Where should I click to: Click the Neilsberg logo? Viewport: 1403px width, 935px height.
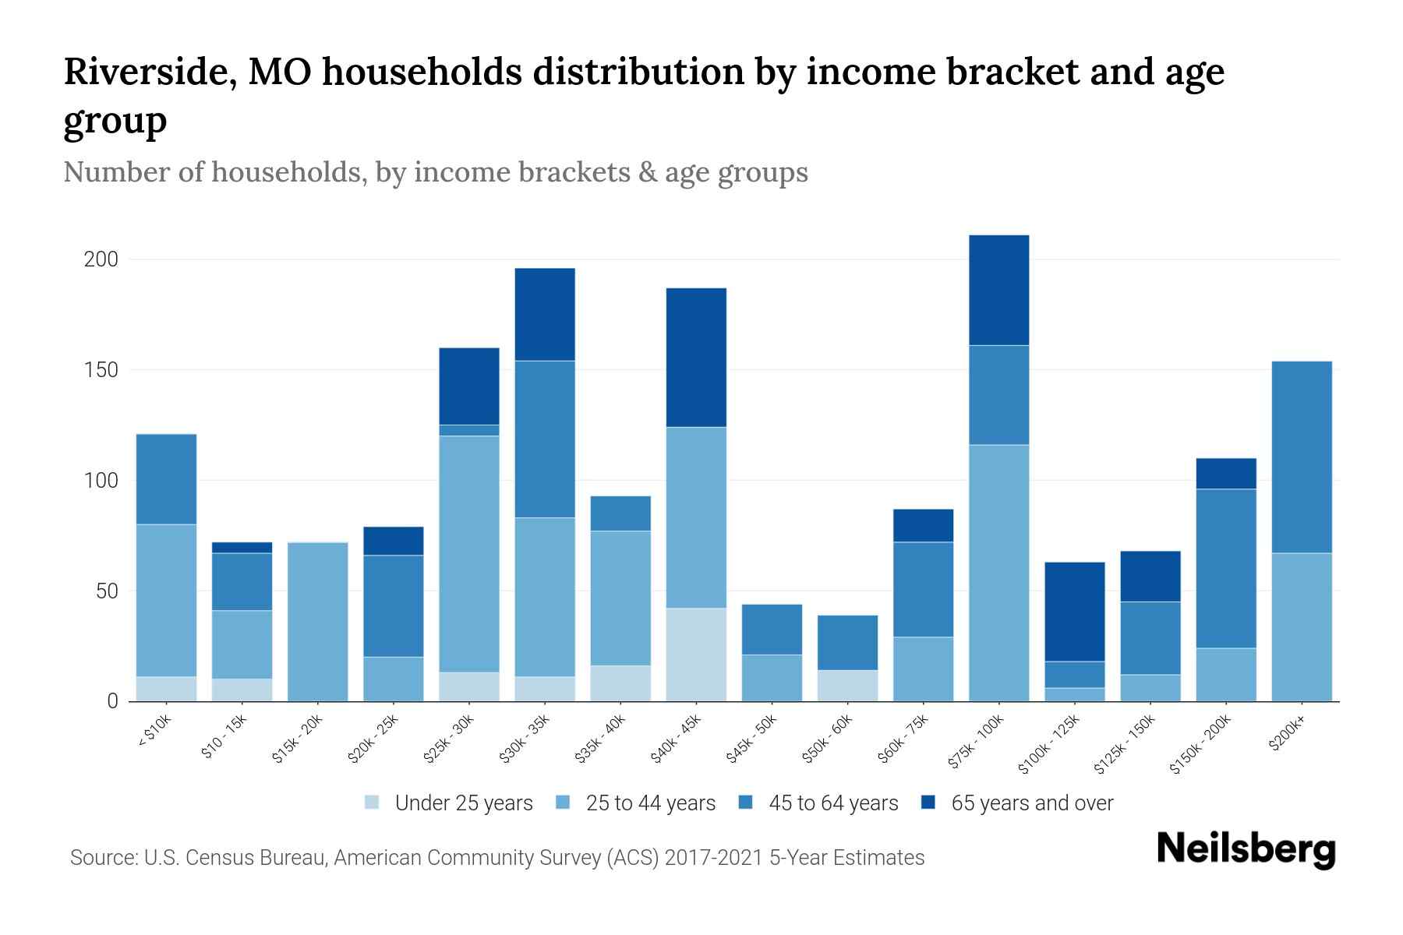coord(1246,849)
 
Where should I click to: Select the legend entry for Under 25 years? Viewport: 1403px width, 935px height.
coord(463,803)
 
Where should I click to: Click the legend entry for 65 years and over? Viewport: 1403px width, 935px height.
coord(1031,803)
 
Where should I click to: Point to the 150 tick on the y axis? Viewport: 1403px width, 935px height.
coord(101,370)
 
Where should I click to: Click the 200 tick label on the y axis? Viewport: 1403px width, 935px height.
coord(101,259)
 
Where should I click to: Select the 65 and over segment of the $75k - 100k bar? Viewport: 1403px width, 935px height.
coord(998,290)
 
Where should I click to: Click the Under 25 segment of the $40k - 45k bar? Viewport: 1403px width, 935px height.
coord(696,654)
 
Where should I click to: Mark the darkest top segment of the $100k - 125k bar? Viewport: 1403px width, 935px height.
coord(1074,612)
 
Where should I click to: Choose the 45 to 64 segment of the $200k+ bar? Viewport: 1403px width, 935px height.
coord(1302,457)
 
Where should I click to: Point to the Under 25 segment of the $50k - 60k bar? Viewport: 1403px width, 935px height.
coord(847,686)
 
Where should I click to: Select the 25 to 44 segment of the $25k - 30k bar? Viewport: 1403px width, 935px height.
coord(469,554)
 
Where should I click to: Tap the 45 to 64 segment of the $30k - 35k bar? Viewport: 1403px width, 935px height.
coord(545,439)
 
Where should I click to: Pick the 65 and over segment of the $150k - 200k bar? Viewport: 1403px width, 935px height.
coord(1226,474)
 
